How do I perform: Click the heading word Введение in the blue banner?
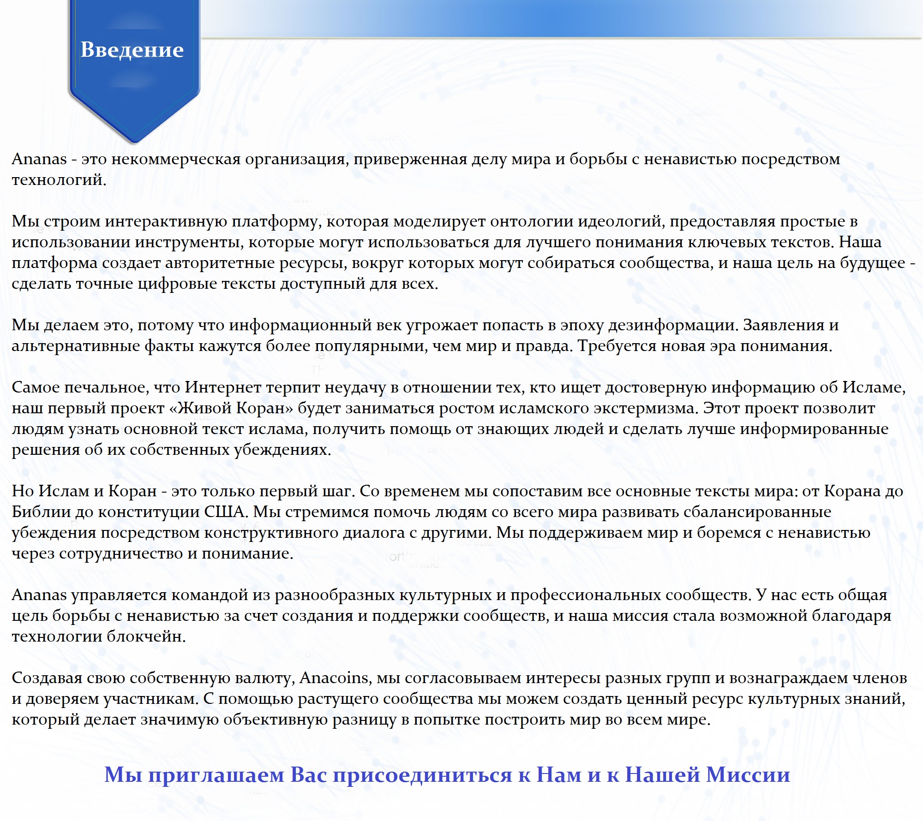pos(132,49)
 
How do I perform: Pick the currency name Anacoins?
pos(335,678)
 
